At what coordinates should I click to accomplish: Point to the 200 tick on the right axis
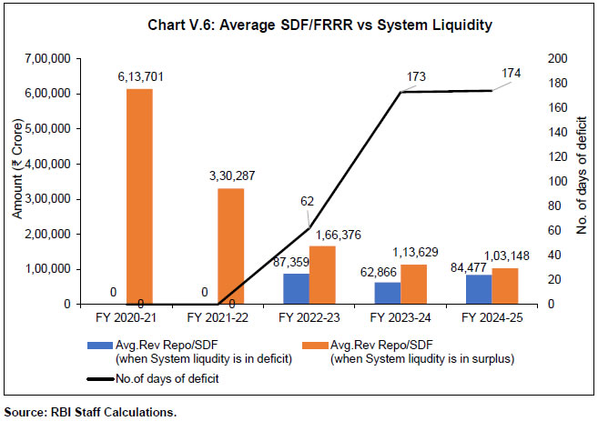click(543, 58)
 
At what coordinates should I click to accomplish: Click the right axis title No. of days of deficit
click(583, 182)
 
